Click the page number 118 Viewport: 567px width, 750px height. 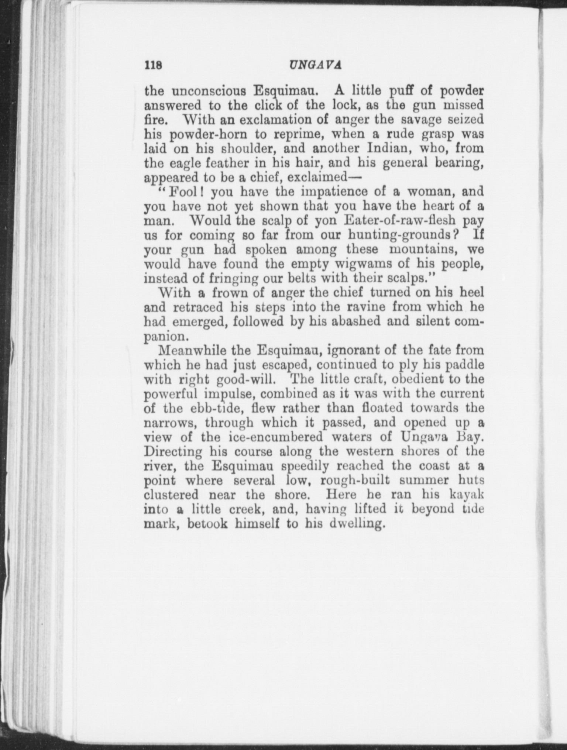click(154, 65)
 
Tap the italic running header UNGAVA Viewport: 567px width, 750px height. click(315, 65)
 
